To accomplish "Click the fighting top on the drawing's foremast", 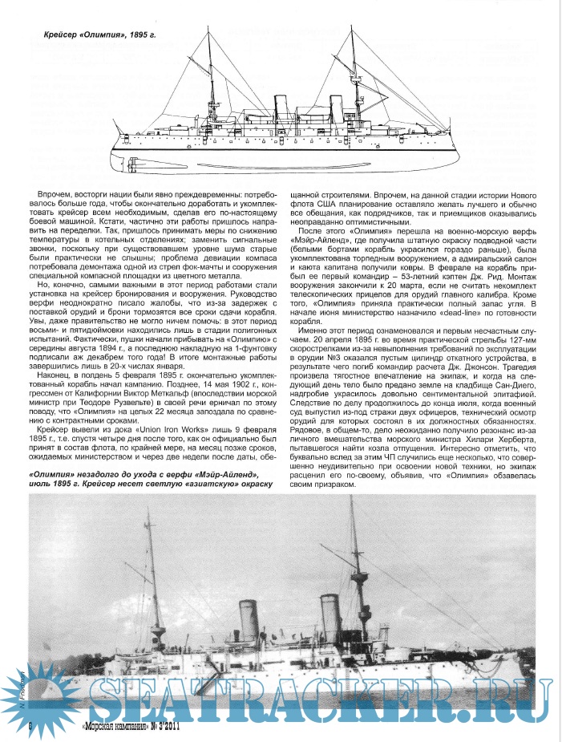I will pyautogui.click(x=354, y=79).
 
